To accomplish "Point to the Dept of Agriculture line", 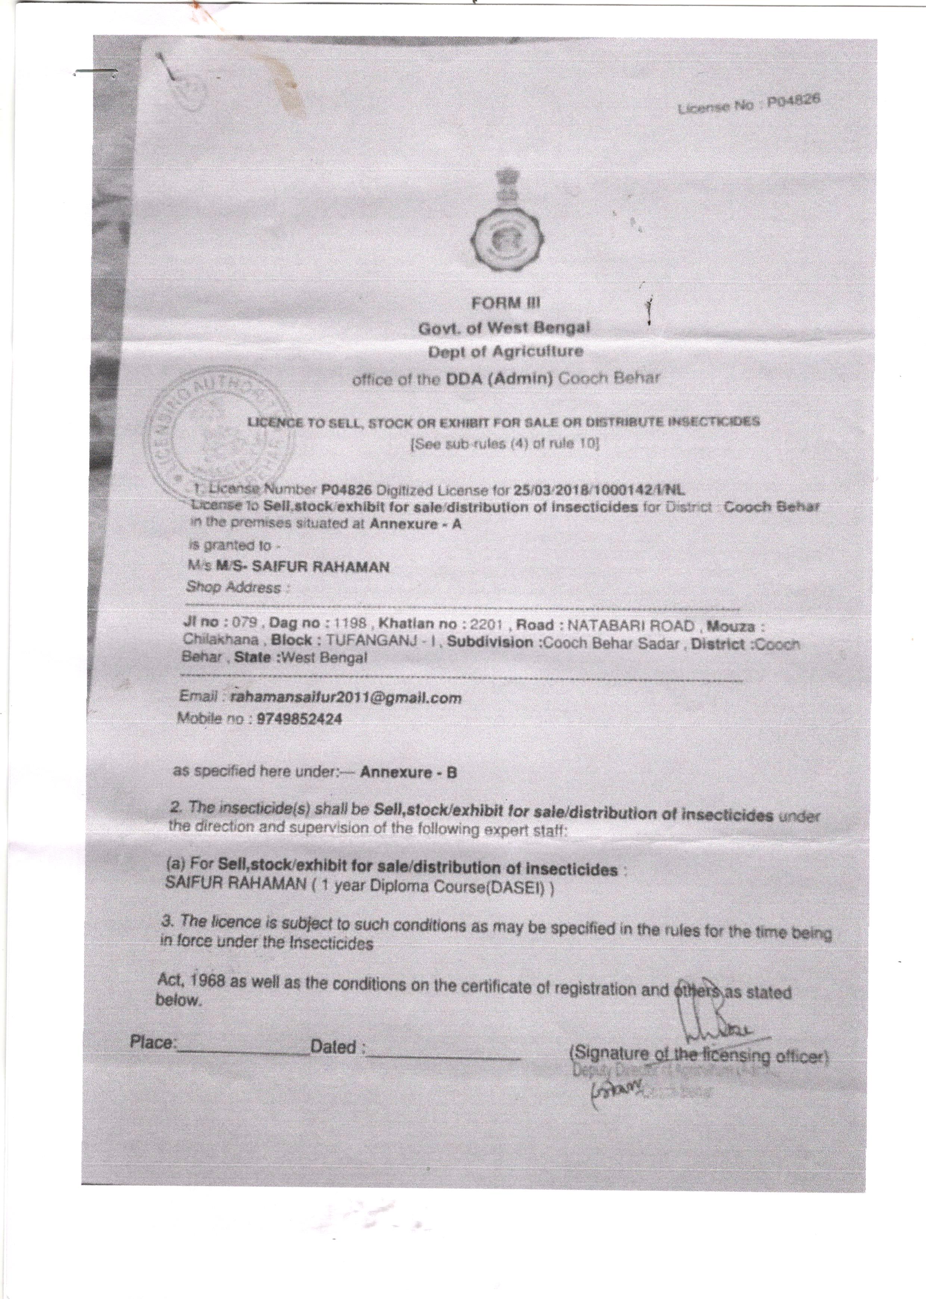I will (x=506, y=352).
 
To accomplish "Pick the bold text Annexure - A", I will (x=415, y=523).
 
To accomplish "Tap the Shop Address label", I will (x=234, y=587).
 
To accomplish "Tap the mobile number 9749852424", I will (x=300, y=719).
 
